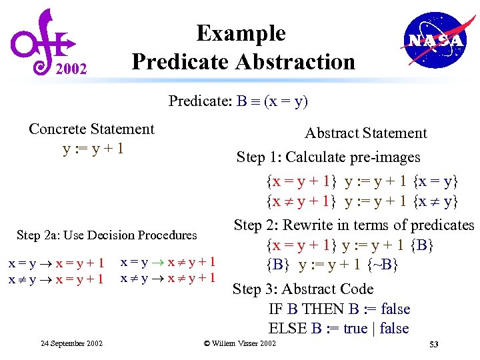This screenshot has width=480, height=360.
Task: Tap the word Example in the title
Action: point(241,33)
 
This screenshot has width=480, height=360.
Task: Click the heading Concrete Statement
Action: point(91,129)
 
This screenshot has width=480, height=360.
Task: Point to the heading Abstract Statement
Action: point(365,133)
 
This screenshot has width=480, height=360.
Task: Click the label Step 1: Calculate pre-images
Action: point(328,157)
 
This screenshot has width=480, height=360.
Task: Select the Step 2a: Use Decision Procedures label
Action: point(107,235)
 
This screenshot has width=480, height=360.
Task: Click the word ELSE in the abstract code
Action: point(287,329)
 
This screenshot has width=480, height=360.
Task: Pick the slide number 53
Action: point(433,344)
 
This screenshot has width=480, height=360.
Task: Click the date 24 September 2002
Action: point(71,343)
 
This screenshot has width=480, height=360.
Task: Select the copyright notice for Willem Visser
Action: point(239,343)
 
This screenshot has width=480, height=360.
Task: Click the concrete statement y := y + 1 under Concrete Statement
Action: point(93,148)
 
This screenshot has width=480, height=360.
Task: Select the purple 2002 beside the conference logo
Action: point(71,68)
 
